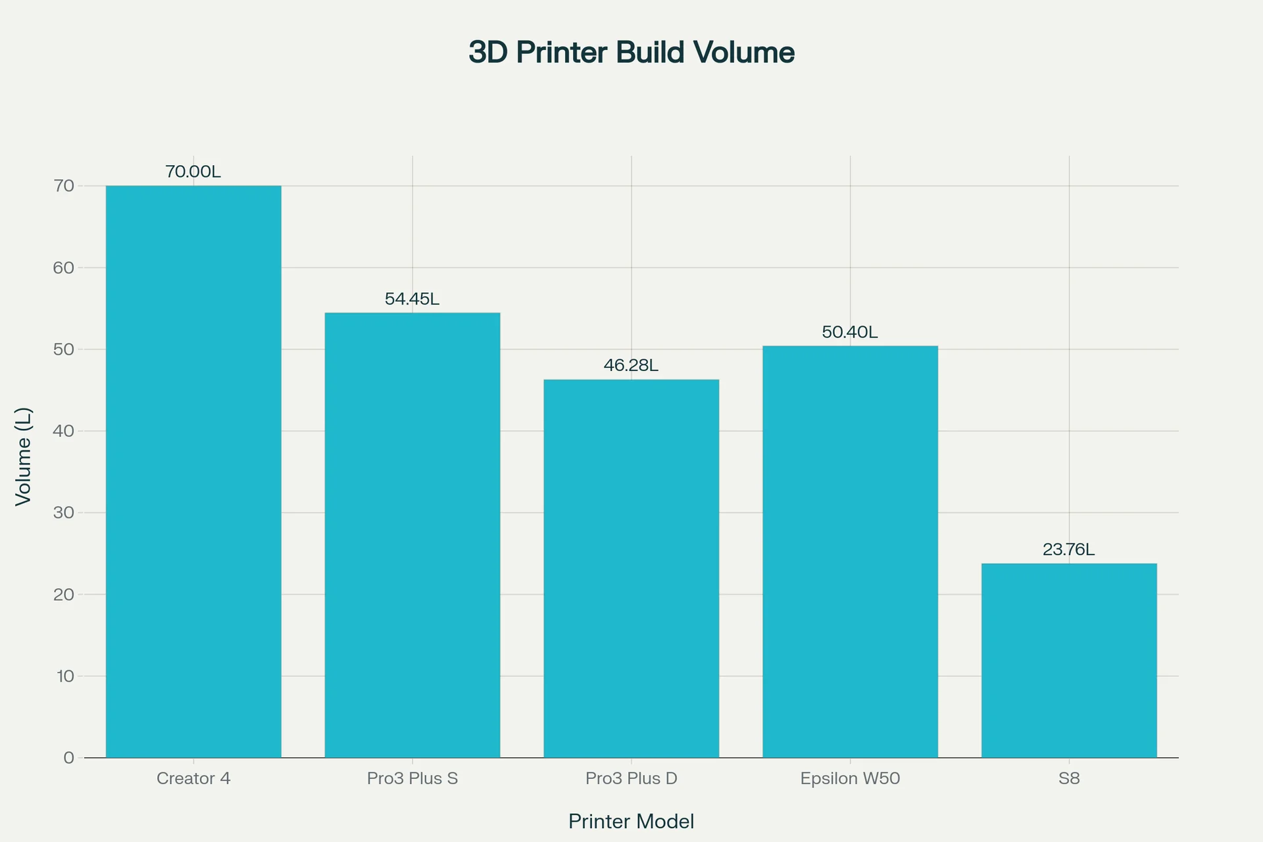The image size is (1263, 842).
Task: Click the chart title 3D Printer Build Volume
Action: tap(631, 53)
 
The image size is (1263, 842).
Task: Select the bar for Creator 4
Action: tap(193, 471)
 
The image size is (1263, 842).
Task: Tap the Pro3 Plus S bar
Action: tap(412, 535)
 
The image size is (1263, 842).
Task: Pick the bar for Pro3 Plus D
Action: tap(631, 568)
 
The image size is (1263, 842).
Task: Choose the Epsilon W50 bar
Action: tap(850, 551)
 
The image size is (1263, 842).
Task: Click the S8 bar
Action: tap(1069, 660)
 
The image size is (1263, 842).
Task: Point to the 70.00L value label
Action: tap(193, 172)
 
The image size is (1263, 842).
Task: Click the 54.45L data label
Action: tap(412, 299)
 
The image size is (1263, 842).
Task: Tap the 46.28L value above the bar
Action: tap(631, 366)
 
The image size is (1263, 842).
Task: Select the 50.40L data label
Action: tap(850, 332)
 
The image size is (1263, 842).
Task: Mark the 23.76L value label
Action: tap(1069, 550)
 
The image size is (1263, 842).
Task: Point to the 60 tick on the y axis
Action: tap(64, 268)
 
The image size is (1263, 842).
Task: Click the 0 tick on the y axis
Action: tap(69, 758)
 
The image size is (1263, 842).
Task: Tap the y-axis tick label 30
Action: tap(64, 513)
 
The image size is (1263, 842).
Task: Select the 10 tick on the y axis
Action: tap(65, 676)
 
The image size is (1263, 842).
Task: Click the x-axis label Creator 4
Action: tap(193, 779)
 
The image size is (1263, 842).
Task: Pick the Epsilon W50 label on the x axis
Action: tap(850, 779)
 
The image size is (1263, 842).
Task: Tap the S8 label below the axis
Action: tap(1069, 779)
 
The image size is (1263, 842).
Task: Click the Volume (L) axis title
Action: tap(24, 457)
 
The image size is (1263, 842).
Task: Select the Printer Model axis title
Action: tap(631, 822)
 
